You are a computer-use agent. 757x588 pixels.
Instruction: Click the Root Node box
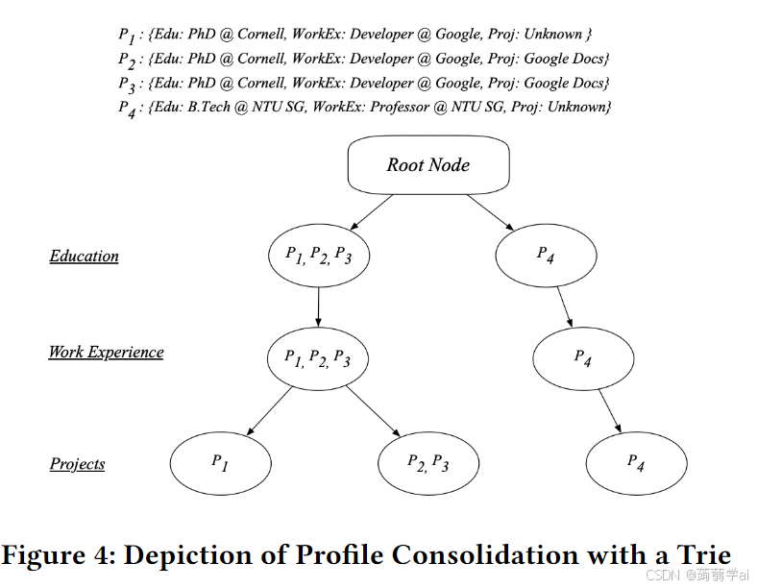pos(428,165)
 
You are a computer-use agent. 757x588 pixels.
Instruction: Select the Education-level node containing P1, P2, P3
pos(318,256)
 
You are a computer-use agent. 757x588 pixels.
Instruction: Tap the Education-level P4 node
pos(546,256)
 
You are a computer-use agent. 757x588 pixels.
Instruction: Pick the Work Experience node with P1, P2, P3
pos(318,358)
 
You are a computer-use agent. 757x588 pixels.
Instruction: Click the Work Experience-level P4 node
pos(583,358)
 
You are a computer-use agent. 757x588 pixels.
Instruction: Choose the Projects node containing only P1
pos(220,463)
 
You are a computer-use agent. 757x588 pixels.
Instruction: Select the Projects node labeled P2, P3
pos(428,463)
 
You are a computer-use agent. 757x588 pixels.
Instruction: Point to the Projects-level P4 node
pos(636,463)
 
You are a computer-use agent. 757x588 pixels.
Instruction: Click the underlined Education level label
pos(85,257)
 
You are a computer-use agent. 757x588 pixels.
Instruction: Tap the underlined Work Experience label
pos(106,352)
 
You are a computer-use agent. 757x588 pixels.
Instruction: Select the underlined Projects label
pos(77,464)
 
